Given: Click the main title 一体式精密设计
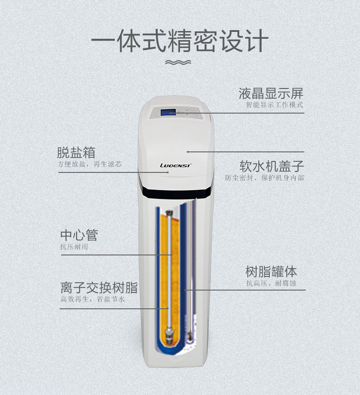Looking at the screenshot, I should pos(180,42).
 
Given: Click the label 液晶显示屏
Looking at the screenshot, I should pos(271,94).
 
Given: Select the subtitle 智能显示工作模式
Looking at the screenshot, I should pos(274,105).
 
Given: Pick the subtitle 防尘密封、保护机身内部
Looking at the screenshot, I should pos(264,178).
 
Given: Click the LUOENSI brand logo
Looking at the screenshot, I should pos(175,166).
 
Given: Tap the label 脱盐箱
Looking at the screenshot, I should pos(76,152).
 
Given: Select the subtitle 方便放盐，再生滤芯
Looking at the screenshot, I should pos(89,164).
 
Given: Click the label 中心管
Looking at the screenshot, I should pos(79,235).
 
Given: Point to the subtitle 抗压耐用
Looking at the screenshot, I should pos(74,247).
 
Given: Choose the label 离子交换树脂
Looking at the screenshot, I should pos(99,288).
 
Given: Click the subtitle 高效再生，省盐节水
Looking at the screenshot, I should pos(93,299).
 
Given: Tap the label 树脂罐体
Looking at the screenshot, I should pos(271,272).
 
